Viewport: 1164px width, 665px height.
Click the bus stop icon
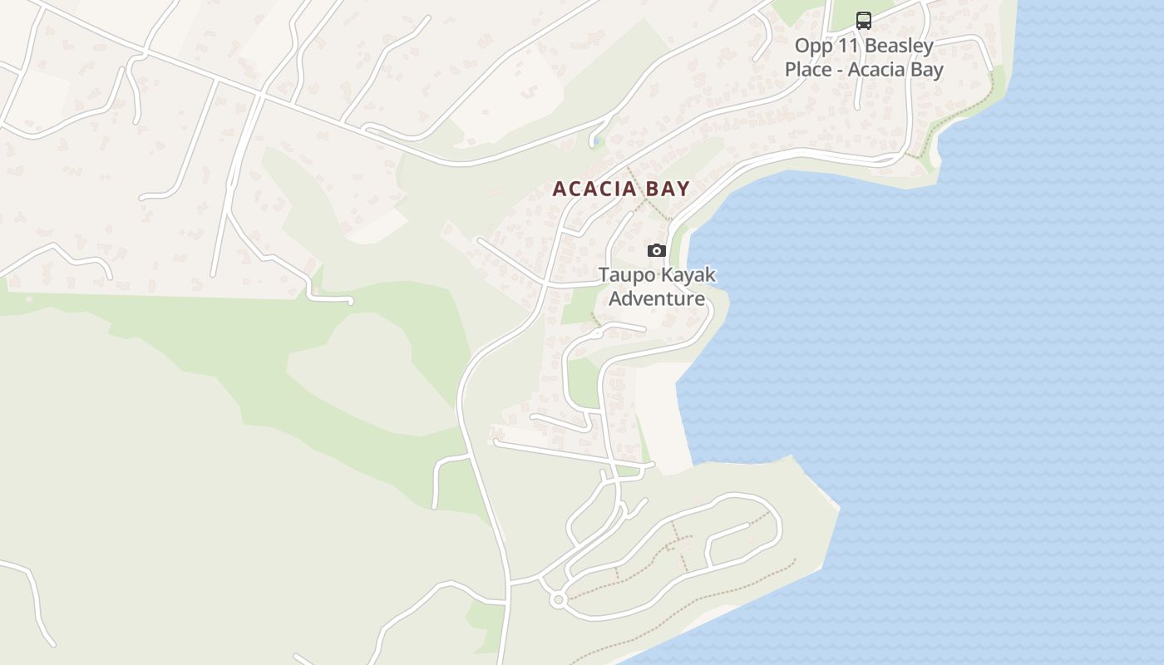point(864,20)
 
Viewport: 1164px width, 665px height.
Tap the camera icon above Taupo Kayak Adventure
point(657,250)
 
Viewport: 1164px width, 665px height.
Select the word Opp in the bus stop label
point(811,46)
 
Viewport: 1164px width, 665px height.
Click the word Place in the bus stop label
point(808,69)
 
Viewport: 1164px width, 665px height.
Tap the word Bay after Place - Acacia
point(924,69)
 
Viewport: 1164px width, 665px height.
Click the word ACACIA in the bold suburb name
point(586,189)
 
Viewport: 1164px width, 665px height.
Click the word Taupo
point(624,274)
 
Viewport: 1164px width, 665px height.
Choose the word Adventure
point(657,298)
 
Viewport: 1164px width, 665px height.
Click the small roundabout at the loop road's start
point(558,598)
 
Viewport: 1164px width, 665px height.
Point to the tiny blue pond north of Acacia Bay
point(594,141)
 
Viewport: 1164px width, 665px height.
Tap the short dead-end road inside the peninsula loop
point(727,533)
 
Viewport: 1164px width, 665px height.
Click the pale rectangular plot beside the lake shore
point(663,416)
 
